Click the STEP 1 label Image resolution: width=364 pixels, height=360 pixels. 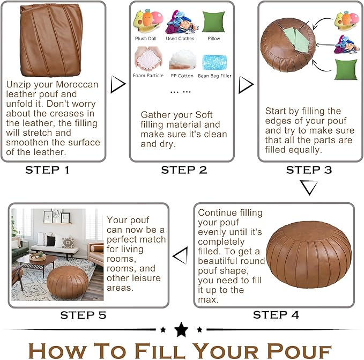click(47, 170)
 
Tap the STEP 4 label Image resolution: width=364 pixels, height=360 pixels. click(276, 315)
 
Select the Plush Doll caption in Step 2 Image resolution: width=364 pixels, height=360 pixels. click(146, 39)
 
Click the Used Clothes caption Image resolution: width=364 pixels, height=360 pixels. click(180, 39)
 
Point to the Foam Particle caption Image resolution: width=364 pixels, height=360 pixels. click(148, 76)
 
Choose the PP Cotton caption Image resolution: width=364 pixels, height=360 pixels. click(182, 76)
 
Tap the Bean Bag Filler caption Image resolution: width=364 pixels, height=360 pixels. click(214, 76)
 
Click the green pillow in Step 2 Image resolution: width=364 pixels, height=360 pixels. click(214, 22)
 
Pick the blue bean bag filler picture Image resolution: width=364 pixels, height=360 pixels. click(214, 62)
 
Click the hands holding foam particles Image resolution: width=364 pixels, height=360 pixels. click(148, 58)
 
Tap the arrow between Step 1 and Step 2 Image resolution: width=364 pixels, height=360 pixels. click(118, 84)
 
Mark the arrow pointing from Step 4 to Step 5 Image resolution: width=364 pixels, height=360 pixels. click(180, 255)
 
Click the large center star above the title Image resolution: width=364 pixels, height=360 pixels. click(181, 329)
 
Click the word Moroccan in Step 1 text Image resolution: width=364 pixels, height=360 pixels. click(77, 84)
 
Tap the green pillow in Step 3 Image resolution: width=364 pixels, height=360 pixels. click(346, 70)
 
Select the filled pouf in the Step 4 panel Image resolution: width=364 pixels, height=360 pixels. click(309, 254)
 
